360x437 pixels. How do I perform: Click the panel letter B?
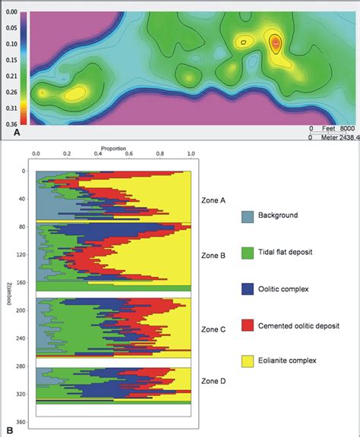(8, 431)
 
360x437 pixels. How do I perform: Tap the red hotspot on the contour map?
(275, 43)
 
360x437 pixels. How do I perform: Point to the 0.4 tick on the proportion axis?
(98, 156)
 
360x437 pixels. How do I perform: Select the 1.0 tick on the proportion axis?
(191, 156)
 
